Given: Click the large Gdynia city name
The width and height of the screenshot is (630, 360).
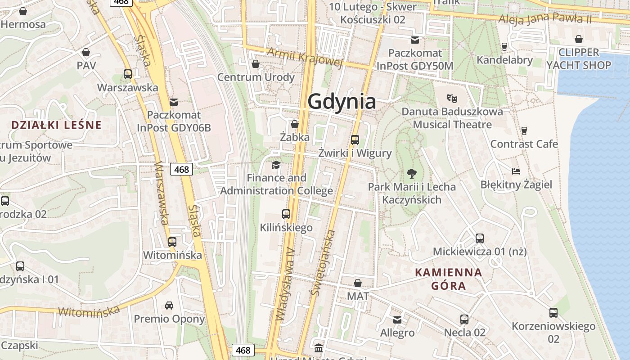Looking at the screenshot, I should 342,102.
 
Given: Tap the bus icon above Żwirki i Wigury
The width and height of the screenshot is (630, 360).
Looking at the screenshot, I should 355,139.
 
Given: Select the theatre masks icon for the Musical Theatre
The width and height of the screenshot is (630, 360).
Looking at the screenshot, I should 452,98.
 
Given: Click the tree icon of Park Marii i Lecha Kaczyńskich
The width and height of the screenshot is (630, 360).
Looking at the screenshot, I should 411,173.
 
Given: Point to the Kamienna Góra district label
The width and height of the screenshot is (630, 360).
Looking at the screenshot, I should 448,279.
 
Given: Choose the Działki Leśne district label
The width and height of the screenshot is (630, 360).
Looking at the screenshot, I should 56,125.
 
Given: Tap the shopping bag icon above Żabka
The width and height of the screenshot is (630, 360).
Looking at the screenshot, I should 295,124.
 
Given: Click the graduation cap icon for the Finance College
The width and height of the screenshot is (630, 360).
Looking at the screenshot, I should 276,165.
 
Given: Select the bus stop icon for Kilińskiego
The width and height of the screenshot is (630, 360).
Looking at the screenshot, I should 286,214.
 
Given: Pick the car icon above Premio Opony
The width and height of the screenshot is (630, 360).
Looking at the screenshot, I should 169,306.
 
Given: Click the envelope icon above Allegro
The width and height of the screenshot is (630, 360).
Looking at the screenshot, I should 397,319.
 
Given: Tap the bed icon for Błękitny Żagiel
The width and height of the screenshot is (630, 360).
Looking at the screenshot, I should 516,171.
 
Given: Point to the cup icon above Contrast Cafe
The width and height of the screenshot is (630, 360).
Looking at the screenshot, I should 524,131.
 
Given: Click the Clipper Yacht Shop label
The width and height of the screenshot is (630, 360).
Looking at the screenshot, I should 579,58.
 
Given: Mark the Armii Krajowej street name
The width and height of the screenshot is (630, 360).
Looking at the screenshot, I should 305,57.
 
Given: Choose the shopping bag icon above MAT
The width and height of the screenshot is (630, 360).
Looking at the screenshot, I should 358,283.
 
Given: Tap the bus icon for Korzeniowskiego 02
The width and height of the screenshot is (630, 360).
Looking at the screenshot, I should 553,312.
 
